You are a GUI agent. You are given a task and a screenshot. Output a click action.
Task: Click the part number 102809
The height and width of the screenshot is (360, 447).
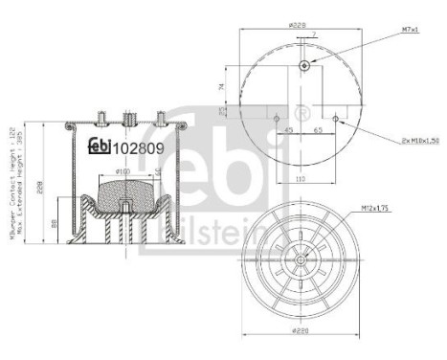(140, 147)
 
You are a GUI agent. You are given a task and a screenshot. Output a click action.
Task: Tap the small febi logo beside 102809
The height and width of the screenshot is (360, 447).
(100, 146)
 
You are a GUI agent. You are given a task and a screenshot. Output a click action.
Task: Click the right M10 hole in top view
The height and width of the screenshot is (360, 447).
(326, 106)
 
